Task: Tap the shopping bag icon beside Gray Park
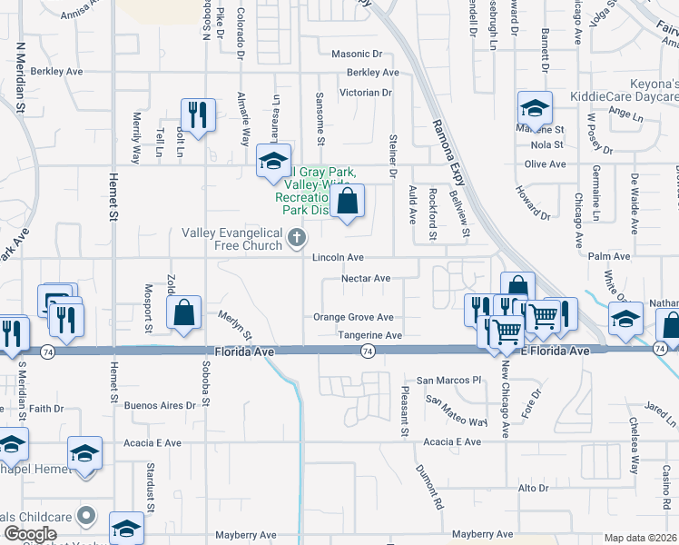coord(348,202)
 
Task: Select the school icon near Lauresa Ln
coord(272,161)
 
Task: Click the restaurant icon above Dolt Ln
coord(198,114)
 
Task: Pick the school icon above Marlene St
coord(535,108)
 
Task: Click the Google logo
coord(30,534)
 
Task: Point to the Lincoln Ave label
coord(338,259)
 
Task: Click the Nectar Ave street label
coord(365,279)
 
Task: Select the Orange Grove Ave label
coord(352,317)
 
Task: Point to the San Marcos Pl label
coord(446,380)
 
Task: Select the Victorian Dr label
coord(365,93)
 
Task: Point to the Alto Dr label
coord(528,489)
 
